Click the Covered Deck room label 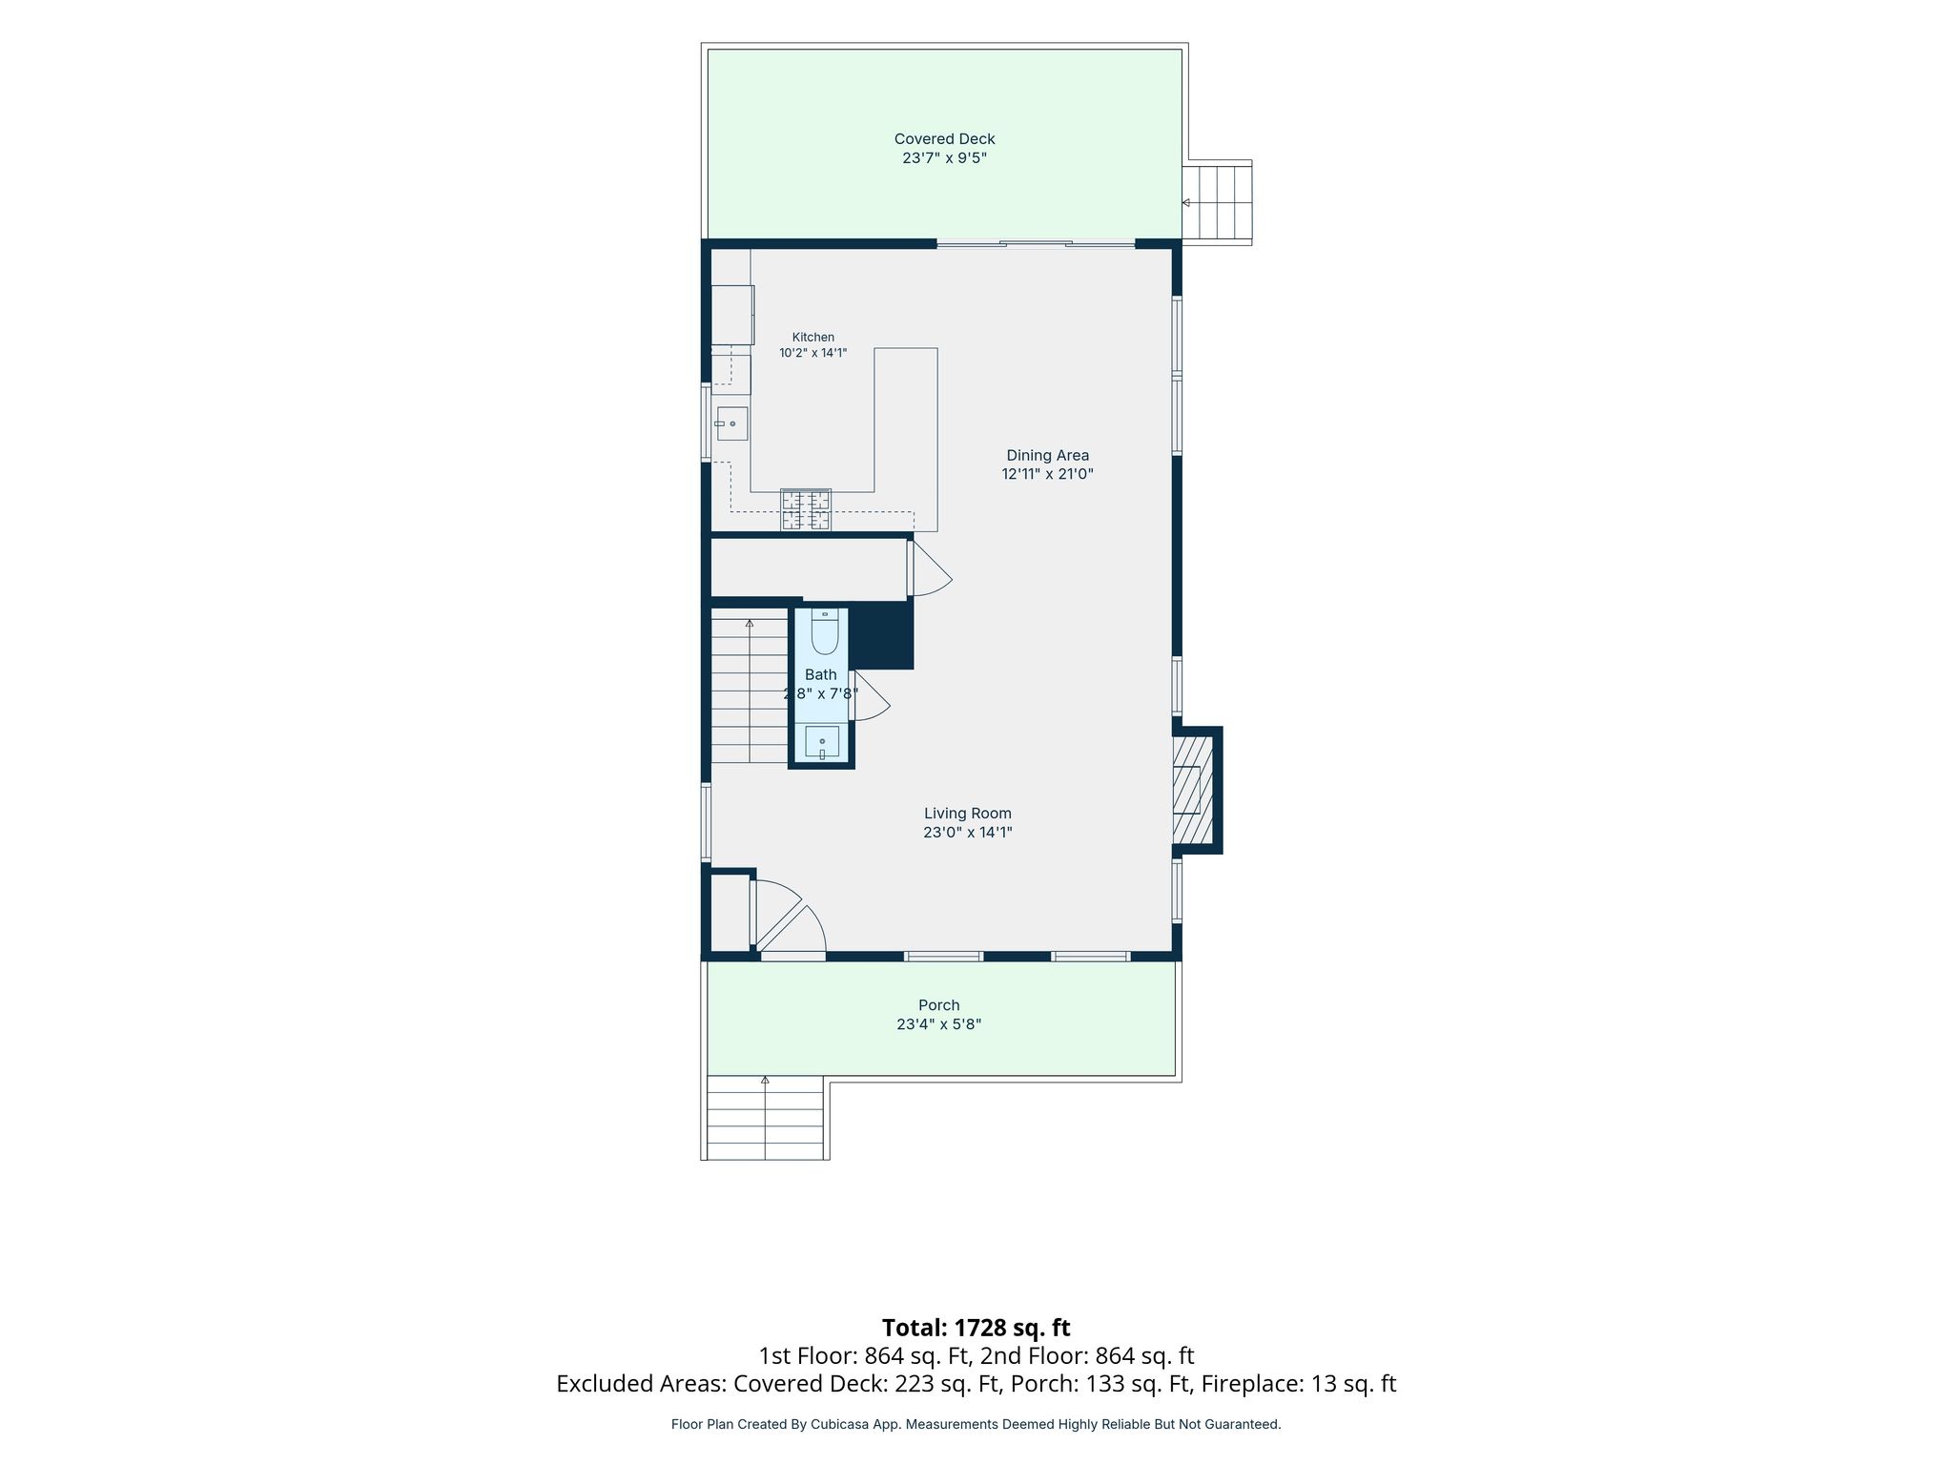click(944, 139)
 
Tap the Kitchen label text click(813, 337)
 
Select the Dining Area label click(1047, 456)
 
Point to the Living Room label click(967, 814)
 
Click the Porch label click(939, 1005)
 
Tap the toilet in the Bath click(825, 630)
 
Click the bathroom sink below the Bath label click(822, 741)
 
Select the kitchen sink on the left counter click(731, 423)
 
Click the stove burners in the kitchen click(806, 509)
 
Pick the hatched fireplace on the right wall click(1193, 790)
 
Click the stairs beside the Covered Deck click(1217, 203)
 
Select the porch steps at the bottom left click(766, 1118)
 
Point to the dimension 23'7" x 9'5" click(944, 158)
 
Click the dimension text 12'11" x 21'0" click(1047, 474)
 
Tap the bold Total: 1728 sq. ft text click(976, 1328)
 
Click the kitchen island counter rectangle click(906, 440)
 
